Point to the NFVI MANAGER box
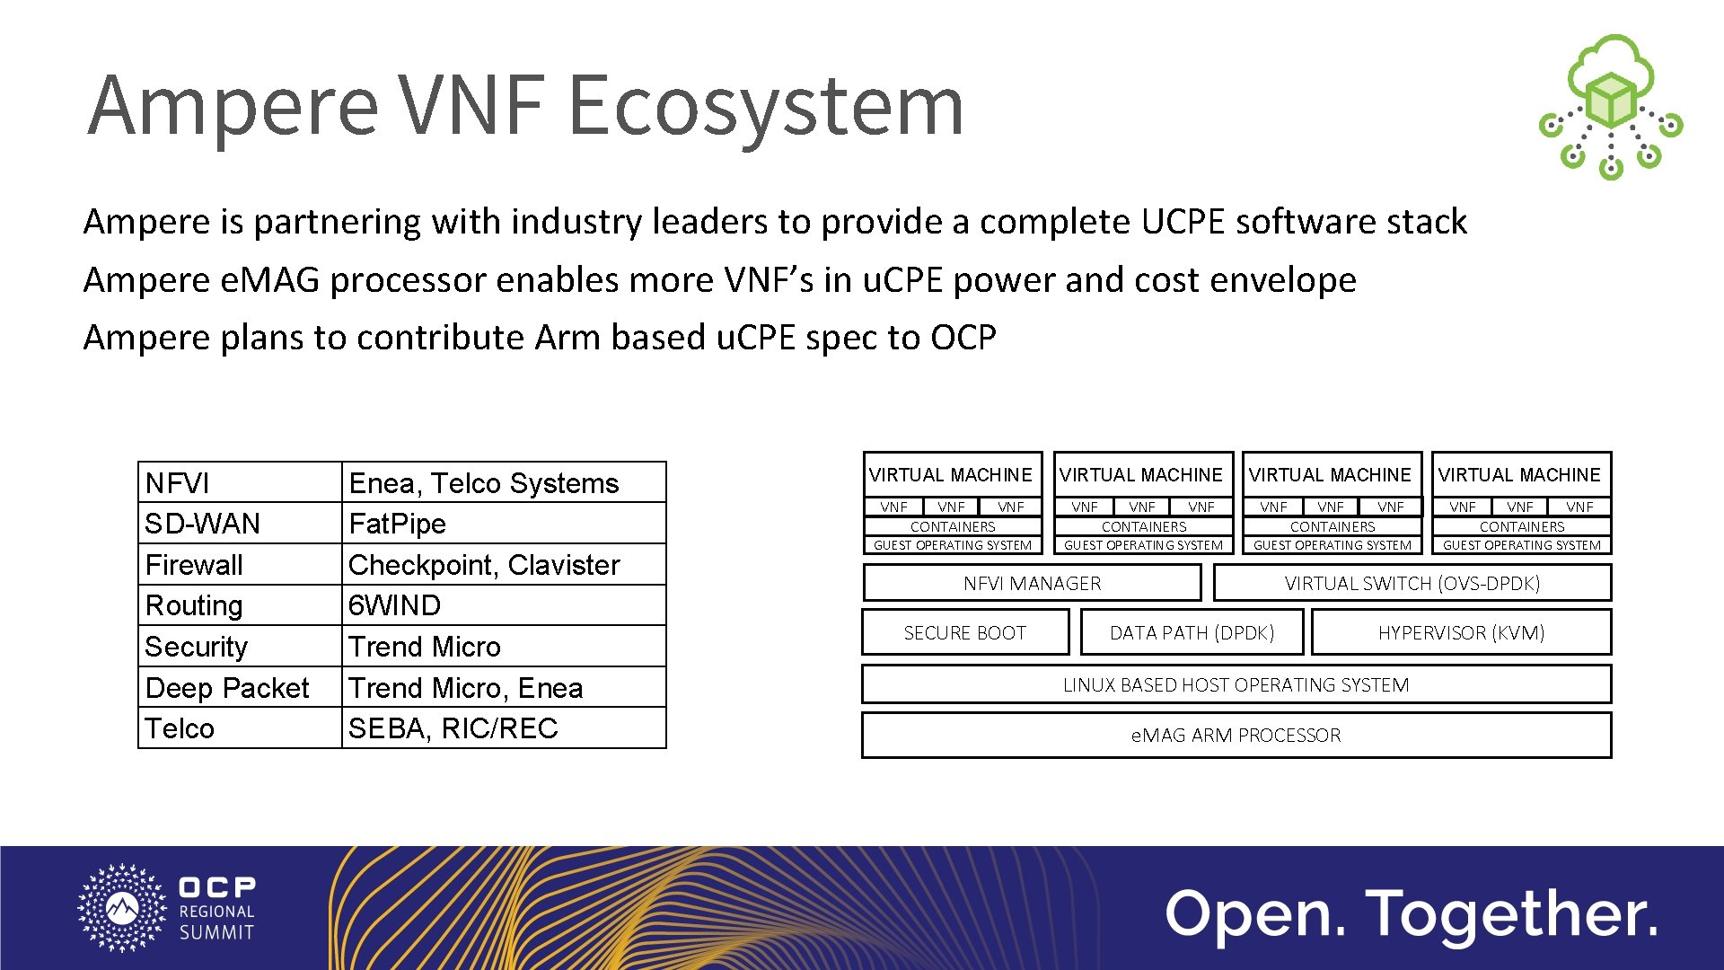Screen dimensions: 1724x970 coord(1032,583)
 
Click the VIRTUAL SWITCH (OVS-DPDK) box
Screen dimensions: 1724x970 coord(1412,583)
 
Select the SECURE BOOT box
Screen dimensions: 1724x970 coord(965,632)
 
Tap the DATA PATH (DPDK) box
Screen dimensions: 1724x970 coord(1192,632)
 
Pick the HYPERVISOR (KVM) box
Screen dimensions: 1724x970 coord(1461,632)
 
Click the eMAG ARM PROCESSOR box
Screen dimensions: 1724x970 coord(1236,735)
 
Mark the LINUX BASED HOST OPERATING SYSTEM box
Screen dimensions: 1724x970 coord(1236,684)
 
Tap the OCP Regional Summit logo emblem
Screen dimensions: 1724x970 coord(123,907)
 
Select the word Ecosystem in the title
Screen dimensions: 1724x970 coord(766,106)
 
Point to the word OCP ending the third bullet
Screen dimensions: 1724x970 coord(963,338)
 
